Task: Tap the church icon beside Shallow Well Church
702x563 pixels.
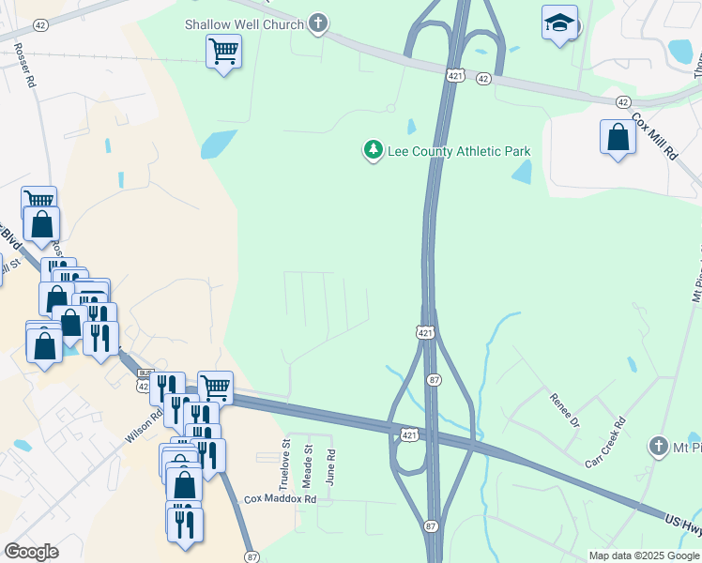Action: coord(318,23)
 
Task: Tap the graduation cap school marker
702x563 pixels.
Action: coord(559,23)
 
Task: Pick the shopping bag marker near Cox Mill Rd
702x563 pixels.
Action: coord(618,137)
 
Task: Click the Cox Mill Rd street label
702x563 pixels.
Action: coord(654,136)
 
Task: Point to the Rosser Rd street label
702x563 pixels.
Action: coord(25,67)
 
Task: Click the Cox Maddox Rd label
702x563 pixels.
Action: coord(281,499)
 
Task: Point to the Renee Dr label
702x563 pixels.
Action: coord(566,409)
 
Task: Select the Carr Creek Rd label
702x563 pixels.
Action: coord(605,443)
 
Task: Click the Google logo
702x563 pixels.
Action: coord(31,552)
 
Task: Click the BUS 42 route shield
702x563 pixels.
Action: coord(143,379)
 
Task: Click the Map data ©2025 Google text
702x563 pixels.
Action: coord(644,555)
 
